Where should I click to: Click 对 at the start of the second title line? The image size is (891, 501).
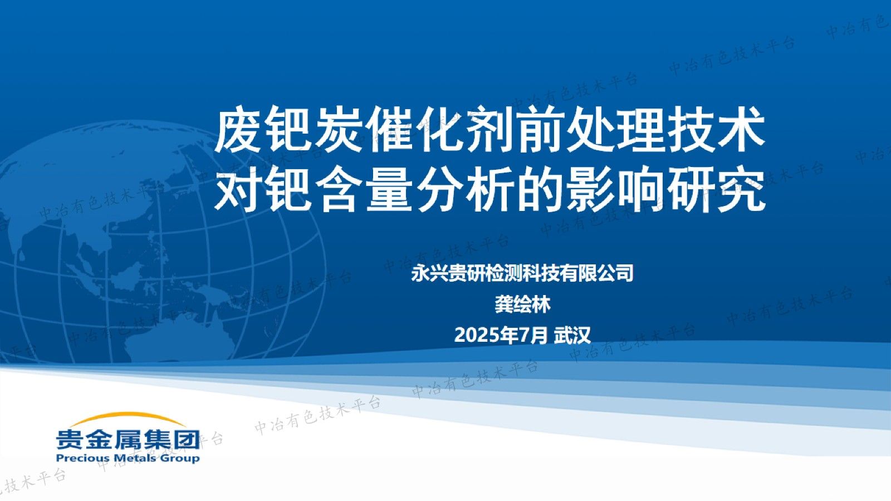(237, 190)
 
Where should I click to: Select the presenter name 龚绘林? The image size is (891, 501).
(522, 305)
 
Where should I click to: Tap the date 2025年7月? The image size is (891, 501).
(501, 335)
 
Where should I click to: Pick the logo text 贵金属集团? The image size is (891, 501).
(128, 439)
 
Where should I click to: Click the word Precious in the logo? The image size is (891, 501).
(82, 458)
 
